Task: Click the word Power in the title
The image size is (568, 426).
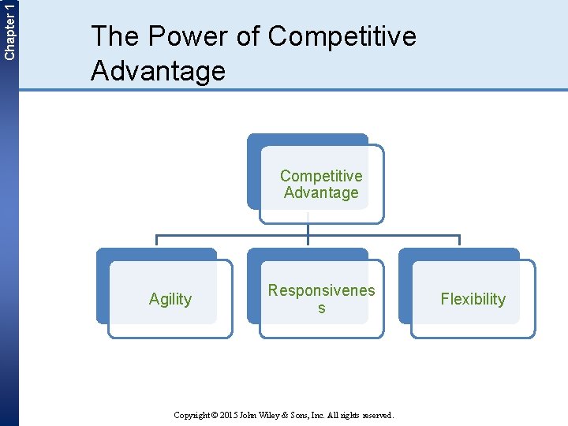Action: [181, 36]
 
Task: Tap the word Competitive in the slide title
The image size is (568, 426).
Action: [342, 36]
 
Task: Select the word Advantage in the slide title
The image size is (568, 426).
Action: [158, 71]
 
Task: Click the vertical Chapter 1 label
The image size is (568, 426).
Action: [9, 30]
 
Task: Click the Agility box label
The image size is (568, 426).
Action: [170, 299]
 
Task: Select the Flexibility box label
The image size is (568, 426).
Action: [473, 299]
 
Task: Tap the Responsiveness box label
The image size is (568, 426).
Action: [321, 290]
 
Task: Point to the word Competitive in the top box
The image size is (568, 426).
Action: [321, 176]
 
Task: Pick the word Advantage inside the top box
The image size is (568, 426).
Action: [321, 192]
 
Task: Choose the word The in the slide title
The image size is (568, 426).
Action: [115, 36]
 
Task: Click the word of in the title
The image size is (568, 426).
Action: [247, 36]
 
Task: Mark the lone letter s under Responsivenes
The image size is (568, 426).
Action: [321, 308]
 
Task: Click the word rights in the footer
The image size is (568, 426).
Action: [352, 415]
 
